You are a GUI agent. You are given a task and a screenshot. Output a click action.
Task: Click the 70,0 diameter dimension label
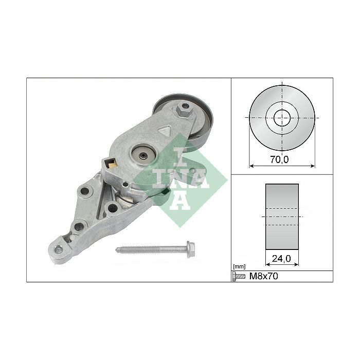point(279,159)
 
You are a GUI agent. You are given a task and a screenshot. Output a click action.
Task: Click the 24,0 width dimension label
point(281,259)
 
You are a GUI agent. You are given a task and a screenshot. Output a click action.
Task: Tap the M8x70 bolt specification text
point(263,276)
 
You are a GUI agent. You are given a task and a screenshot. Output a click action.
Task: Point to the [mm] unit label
point(239,266)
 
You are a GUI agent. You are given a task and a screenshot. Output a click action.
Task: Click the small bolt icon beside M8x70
point(239,276)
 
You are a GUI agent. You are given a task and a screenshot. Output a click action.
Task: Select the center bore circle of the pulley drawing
point(282,118)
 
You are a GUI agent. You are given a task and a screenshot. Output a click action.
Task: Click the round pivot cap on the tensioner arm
point(143,156)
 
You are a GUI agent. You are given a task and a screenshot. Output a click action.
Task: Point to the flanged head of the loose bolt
point(191,249)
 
